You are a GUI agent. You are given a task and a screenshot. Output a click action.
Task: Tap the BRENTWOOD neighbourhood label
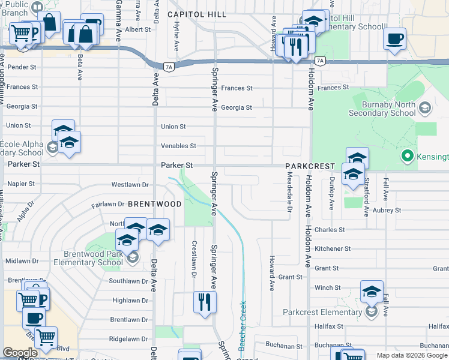coord(154,204)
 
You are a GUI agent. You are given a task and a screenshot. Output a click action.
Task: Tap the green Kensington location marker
coord(408,157)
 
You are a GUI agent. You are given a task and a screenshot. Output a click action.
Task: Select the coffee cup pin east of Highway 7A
coord(394,40)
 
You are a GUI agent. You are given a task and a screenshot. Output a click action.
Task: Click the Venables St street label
coord(178,146)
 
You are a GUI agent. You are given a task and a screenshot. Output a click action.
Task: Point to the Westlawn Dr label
coord(130,185)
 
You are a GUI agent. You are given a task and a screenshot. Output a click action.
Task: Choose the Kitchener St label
coord(332,248)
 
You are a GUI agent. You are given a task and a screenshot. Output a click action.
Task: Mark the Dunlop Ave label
coord(331,193)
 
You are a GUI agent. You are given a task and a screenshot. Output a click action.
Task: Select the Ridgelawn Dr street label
coord(128,339)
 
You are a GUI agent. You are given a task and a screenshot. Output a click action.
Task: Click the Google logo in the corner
coord(20,353)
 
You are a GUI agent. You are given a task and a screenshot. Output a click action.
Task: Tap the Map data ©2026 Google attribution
coord(412,355)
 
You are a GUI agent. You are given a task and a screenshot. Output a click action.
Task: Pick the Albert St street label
coord(138,29)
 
